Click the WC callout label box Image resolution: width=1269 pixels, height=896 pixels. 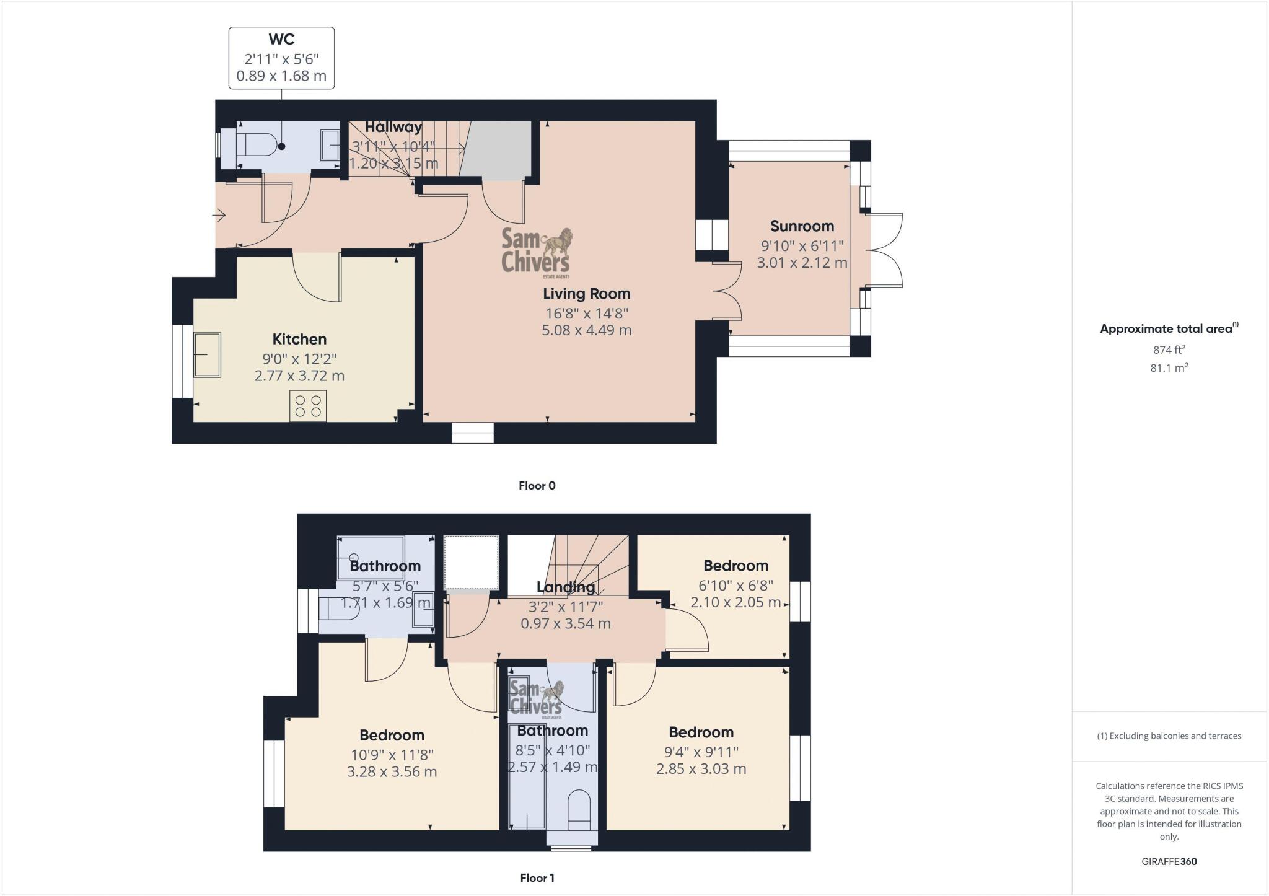(281, 58)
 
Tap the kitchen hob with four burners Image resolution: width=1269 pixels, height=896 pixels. (308, 406)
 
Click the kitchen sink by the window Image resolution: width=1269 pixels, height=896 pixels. (208, 354)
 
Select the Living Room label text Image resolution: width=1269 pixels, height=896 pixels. (586, 294)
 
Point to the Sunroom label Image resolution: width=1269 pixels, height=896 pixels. (802, 226)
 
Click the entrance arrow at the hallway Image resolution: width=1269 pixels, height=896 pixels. (219, 216)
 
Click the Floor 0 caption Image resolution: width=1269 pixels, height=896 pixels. (537, 486)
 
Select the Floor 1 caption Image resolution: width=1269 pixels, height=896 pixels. (537, 878)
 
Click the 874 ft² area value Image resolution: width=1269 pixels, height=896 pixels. (1169, 349)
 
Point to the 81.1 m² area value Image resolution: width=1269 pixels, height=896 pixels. (1169, 368)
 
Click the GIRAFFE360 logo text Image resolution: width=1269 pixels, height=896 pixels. (1169, 861)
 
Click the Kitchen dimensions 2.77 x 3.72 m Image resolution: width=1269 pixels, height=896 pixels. (299, 376)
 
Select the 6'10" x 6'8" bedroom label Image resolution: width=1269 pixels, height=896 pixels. (735, 585)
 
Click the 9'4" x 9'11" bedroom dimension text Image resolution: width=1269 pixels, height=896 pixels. (701, 752)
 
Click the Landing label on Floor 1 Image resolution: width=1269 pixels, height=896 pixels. (565, 587)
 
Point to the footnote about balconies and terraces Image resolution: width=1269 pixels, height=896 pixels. (1169, 736)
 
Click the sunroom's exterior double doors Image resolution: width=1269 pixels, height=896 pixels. (885, 250)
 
